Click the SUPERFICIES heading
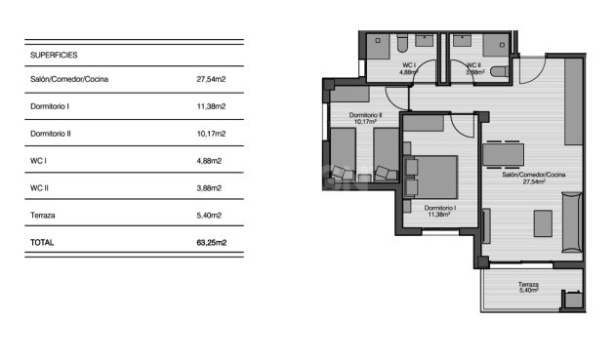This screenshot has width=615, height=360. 54,56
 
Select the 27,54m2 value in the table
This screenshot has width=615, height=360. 212,79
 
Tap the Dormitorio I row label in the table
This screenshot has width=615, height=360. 51,106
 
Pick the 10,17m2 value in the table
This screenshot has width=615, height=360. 212,134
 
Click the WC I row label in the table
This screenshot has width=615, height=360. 39,161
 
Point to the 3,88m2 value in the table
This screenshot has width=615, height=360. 210,188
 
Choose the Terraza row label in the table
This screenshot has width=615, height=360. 44,216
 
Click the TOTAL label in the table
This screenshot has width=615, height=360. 43,243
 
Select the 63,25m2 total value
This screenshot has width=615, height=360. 210,243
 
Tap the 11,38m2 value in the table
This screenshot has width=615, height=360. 212,106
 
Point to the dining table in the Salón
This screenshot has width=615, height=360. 504,154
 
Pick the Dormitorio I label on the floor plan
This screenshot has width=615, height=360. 439,209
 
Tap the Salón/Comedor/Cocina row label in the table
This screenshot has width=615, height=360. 77,79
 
